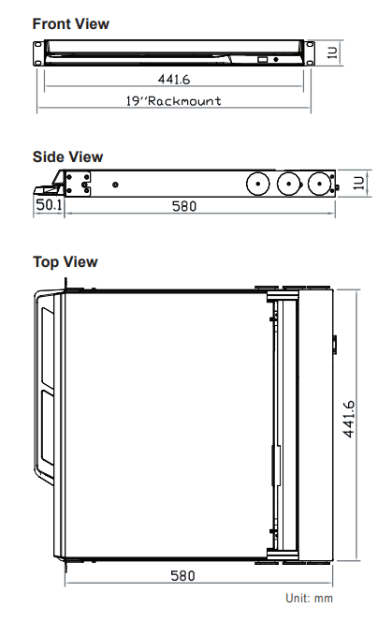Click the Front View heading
click(x=70, y=23)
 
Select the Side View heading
click(x=67, y=156)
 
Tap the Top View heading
click(x=65, y=262)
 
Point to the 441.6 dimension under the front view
click(x=174, y=80)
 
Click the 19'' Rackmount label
click(x=174, y=101)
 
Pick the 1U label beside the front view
click(x=332, y=52)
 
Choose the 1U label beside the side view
click(x=358, y=183)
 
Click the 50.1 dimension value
click(x=49, y=205)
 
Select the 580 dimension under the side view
click(x=184, y=206)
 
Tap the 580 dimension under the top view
click(x=182, y=575)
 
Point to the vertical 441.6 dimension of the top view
click(x=349, y=420)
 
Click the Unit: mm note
click(x=309, y=598)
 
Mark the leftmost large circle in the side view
click(x=258, y=184)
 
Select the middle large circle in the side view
click(x=289, y=184)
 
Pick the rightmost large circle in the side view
click(x=319, y=184)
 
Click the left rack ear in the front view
click(x=38, y=52)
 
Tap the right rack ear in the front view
click(x=310, y=52)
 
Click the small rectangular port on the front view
click(x=263, y=60)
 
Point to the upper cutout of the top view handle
click(x=48, y=348)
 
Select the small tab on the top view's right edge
click(x=335, y=345)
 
